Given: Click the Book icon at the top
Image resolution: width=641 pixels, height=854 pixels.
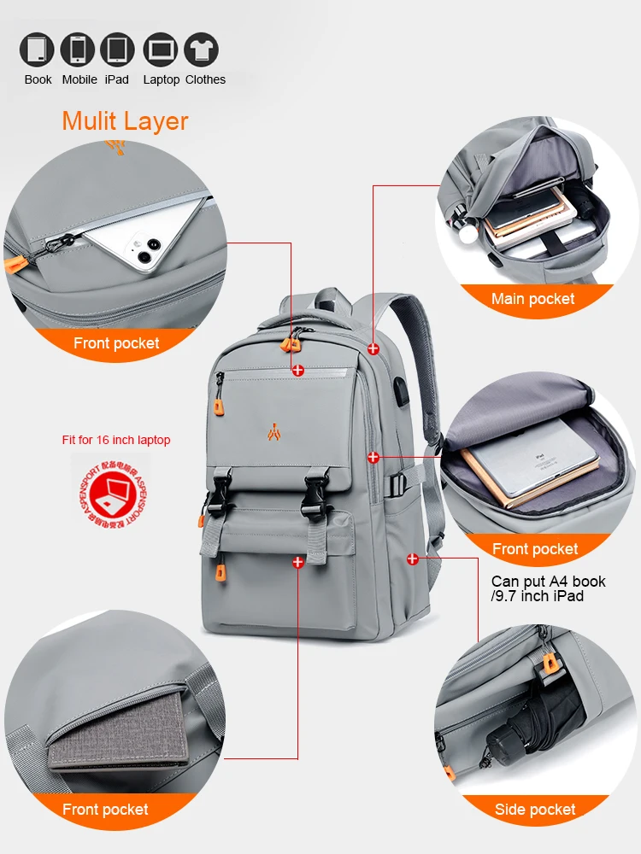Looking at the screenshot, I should (x=37, y=50).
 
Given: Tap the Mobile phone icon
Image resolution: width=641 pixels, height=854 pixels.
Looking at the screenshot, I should (x=78, y=50).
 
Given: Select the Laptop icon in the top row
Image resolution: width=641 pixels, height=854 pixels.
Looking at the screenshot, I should (x=161, y=50).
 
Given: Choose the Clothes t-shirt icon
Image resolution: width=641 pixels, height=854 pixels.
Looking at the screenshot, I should (x=202, y=50).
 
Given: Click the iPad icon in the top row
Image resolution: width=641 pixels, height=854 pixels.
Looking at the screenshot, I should (x=117, y=50).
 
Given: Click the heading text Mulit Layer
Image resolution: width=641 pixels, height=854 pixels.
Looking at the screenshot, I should (x=125, y=121).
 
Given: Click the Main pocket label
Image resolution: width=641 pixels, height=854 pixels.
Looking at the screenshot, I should (x=532, y=299).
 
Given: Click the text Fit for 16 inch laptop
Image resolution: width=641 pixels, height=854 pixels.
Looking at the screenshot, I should (x=116, y=440).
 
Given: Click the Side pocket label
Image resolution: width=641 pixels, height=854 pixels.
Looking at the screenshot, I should (x=535, y=810).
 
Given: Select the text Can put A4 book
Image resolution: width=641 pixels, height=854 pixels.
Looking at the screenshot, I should (x=548, y=582).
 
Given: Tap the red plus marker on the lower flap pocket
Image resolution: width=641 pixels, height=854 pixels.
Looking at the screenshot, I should (x=298, y=562).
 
